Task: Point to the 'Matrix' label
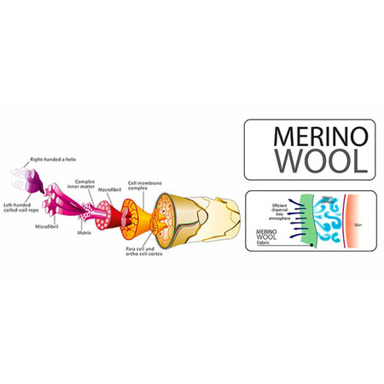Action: [x=83, y=231]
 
